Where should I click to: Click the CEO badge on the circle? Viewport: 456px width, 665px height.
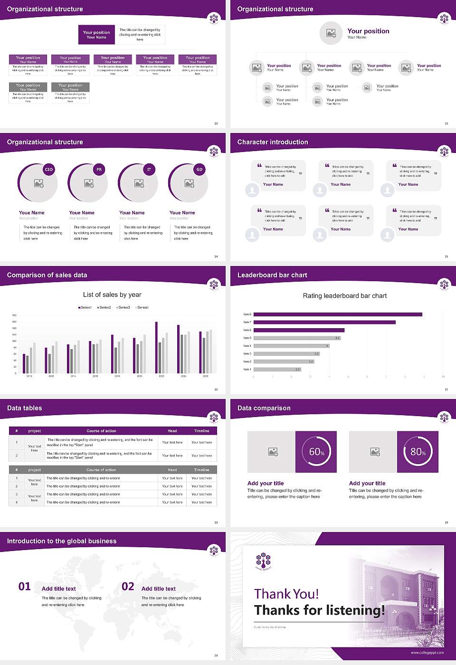tap(48, 170)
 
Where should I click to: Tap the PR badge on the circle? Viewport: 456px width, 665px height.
tap(99, 170)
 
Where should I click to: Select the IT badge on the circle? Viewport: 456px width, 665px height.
tap(149, 170)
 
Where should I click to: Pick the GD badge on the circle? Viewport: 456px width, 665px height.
tap(199, 170)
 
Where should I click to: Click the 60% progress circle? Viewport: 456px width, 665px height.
tap(316, 452)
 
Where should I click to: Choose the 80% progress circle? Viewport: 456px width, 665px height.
tap(418, 452)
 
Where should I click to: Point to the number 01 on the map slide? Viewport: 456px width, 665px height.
tap(25, 587)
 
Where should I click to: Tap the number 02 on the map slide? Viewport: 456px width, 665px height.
tap(128, 587)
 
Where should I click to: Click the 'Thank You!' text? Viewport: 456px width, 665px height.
tap(286, 594)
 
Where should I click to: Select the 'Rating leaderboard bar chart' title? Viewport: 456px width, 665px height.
tap(345, 296)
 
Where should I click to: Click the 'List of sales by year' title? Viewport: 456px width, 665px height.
tap(112, 295)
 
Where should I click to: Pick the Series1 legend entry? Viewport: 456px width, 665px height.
tap(85, 308)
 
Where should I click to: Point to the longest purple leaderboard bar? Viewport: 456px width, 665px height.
tap(338, 314)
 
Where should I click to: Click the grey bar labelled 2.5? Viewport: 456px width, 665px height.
tap(277, 369)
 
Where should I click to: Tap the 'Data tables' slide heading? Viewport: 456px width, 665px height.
tap(25, 408)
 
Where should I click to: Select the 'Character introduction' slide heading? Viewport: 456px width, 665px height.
tap(273, 142)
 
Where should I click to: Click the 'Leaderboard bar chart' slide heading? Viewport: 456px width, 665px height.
tap(272, 275)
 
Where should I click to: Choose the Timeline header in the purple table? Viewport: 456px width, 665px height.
tap(201, 431)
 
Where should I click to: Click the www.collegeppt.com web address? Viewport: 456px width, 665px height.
tap(427, 653)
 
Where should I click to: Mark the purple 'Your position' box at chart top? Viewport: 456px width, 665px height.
tap(96, 35)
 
